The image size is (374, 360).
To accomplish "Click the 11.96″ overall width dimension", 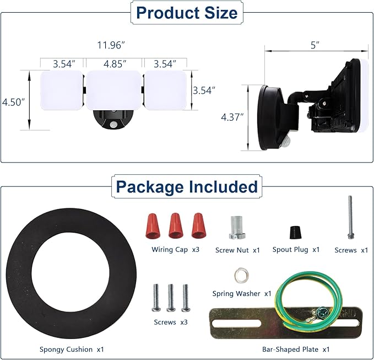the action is pyautogui.click(x=111, y=45).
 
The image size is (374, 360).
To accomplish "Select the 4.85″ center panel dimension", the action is pyautogui.click(x=115, y=64).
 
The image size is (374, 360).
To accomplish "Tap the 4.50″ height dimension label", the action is pyautogui.click(x=13, y=102).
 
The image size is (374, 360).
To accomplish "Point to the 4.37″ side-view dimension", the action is pyautogui.click(x=232, y=117).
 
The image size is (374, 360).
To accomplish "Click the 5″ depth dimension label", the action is pyautogui.click(x=315, y=45).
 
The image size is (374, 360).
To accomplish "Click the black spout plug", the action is pyautogui.click(x=296, y=232).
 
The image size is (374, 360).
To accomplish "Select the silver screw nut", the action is pyautogui.click(x=237, y=228).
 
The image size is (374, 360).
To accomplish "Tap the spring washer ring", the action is pyautogui.click(x=241, y=276).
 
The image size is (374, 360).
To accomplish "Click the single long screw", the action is pyautogui.click(x=350, y=217).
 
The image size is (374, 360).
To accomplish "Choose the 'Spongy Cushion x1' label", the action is pyautogui.click(x=72, y=350).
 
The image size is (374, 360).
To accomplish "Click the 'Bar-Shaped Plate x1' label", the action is pyautogui.click(x=296, y=350).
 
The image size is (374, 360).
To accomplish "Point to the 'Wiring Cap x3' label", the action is pyautogui.click(x=175, y=250).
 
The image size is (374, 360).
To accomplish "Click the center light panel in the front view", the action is pyautogui.click(x=114, y=90).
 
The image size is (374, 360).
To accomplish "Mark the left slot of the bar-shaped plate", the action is pyautogui.click(x=236, y=324).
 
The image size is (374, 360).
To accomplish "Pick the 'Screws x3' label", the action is pyautogui.click(x=171, y=323).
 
